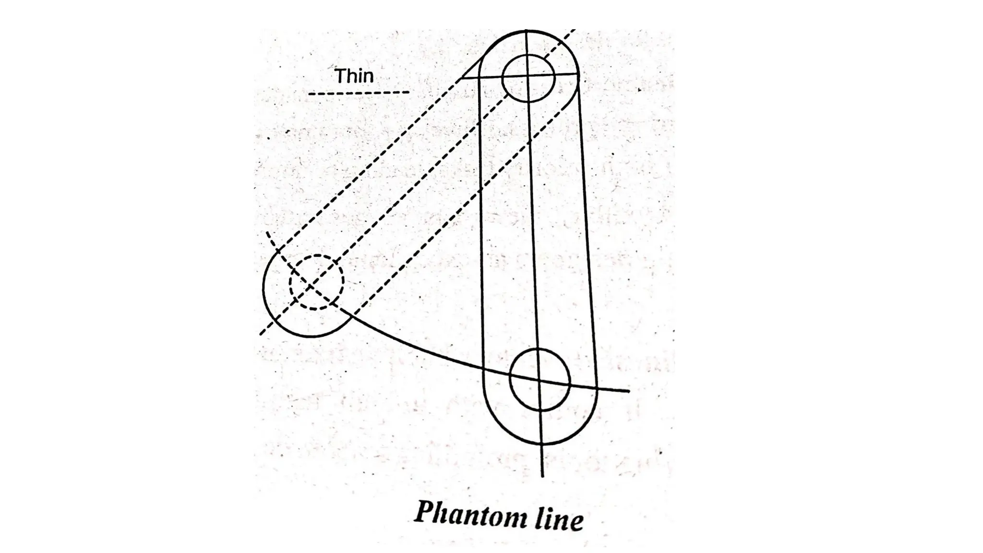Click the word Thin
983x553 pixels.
(354, 76)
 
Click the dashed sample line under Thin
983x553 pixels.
(359, 93)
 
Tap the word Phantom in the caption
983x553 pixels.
(464, 514)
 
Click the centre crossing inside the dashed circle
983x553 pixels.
(311, 286)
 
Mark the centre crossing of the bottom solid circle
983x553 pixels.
(539, 380)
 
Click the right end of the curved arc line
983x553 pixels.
(628, 391)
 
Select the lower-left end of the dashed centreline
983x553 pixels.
(261, 334)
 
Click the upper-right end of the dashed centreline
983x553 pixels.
(574, 31)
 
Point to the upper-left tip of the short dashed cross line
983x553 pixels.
(267, 233)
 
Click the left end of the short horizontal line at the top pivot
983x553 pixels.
(462, 77)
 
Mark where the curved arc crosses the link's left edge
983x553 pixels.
(483, 369)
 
